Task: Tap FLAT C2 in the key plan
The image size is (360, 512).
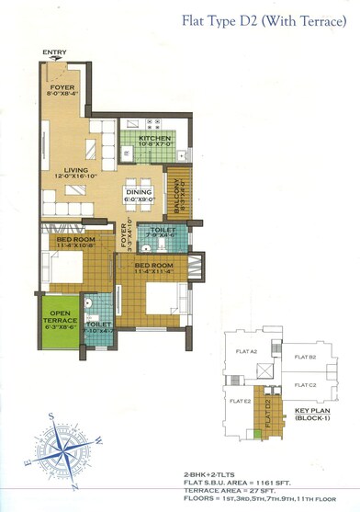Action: click(306, 386)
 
